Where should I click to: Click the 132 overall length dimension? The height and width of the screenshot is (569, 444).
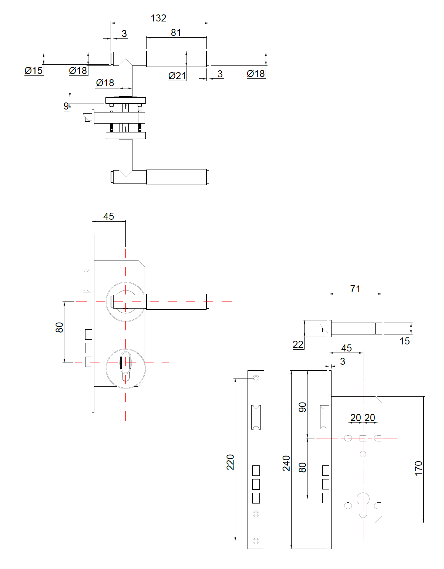pyautogui.click(x=158, y=18)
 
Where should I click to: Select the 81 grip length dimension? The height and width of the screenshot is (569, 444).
pyautogui.click(x=176, y=33)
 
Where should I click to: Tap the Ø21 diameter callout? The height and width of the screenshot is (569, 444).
pyautogui.click(x=177, y=76)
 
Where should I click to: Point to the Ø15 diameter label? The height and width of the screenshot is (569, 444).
pyautogui.click(x=34, y=70)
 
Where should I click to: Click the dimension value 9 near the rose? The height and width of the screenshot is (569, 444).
pyautogui.click(x=66, y=106)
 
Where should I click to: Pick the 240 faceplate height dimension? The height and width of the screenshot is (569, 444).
pyautogui.click(x=286, y=463)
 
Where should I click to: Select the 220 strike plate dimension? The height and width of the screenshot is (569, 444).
pyautogui.click(x=230, y=462)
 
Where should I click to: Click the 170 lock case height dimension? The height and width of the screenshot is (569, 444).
pyautogui.click(x=418, y=468)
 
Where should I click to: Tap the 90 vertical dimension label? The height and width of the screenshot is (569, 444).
pyautogui.click(x=302, y=407)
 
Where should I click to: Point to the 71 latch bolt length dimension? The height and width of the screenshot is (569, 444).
pyautogui.click(x=355, y=289)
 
